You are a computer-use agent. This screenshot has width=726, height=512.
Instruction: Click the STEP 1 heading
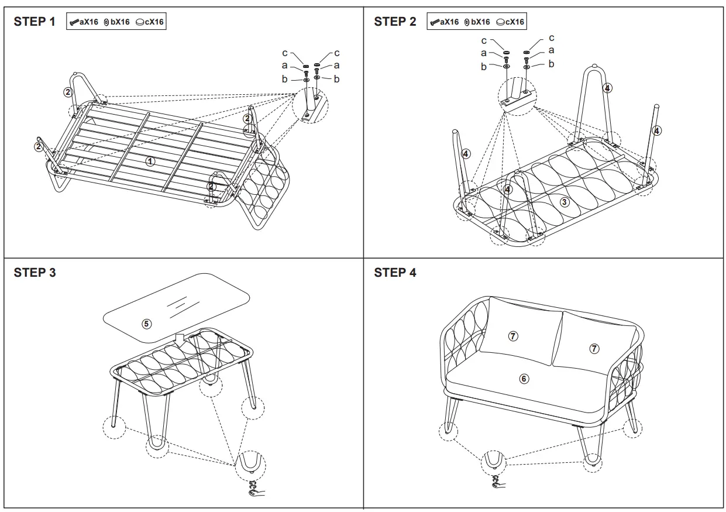pos(35,22)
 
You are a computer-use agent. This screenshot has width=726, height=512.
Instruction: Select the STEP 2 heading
pos(395,22)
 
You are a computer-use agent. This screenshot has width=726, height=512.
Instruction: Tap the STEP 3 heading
pos(35,272)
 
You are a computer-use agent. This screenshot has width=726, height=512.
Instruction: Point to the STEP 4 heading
pos(395,272)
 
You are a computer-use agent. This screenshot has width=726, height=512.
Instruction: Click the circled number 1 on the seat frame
pos(150,160)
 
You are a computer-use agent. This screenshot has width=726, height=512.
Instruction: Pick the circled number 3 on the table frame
pos(564,202)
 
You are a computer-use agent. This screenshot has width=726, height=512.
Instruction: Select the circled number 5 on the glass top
pos(147,323)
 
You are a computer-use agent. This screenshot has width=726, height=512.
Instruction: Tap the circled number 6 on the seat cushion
pos(524,379)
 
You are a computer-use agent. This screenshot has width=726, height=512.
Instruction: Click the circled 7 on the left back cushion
pos(512,336)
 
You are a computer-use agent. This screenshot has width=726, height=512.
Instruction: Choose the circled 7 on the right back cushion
pos(594,348)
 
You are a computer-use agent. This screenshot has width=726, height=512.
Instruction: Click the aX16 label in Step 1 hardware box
pos(88,22)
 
